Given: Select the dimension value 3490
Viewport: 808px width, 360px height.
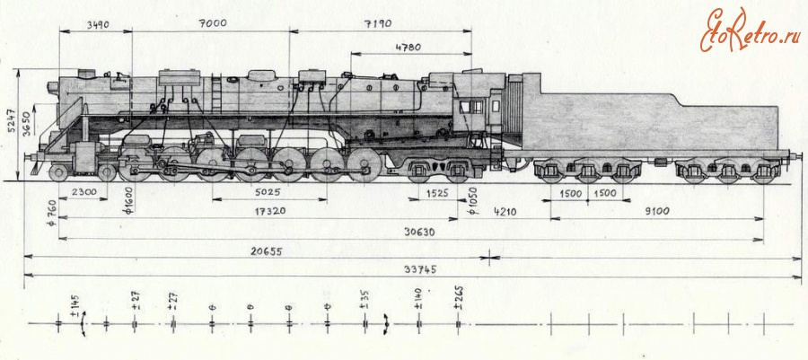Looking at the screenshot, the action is coord(97,23).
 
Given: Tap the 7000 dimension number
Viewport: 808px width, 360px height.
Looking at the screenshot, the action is coord(214,23).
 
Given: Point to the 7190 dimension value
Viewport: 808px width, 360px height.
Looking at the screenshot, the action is coord(378,23).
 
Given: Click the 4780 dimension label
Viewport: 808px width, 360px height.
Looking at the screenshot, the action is coord(408,48).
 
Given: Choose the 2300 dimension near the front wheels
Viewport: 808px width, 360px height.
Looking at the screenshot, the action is coord(84,192).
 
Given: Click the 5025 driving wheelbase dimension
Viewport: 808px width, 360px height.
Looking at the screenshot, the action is coord(268,192).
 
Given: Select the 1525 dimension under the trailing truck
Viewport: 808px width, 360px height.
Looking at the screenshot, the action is coord(438,194).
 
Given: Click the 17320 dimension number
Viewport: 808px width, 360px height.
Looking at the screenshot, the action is coord(270,211).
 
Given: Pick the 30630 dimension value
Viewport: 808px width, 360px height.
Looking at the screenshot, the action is coord(419,233).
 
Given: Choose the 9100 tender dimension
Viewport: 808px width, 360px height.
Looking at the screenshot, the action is coord(656,211).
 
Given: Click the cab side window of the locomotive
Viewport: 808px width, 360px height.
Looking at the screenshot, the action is coord(471,107).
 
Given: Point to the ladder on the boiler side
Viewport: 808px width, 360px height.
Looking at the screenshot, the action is coord(216,93).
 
